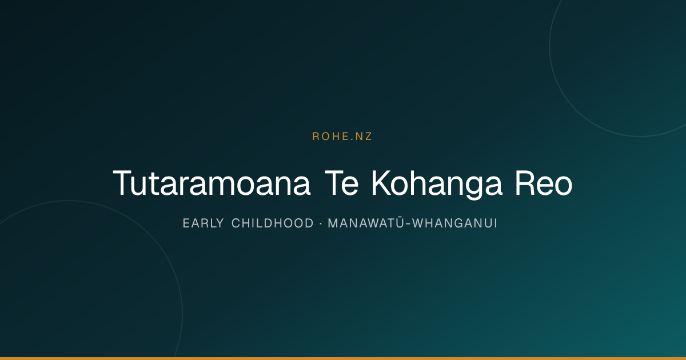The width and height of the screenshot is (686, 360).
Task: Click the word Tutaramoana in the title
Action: [x=212, y=183]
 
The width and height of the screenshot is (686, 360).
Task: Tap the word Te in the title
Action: [x=341, y=183]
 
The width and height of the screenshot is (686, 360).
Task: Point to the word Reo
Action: [x=544, y=183]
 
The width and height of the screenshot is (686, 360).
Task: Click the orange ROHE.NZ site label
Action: [x=342, y=137]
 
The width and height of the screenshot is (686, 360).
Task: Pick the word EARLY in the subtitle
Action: [x=204, y=223]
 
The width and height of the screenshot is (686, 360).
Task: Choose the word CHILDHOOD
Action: [x=273, y=223]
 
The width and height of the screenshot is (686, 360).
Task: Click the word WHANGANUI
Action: [x=454, y=223]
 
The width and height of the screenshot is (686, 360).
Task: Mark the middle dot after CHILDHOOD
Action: [x=321, y=223]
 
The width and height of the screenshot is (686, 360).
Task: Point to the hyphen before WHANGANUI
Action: [x=408, y=224]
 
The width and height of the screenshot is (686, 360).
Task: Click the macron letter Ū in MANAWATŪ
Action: [x=400, y=222]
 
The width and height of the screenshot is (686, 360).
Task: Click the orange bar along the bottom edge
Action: [x=343, y=358]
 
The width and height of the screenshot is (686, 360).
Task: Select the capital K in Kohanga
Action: [x=381, y=183]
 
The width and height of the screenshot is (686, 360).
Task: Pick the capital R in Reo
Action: [x=525, y=183]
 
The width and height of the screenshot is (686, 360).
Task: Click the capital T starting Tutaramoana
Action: [x=122, y=183]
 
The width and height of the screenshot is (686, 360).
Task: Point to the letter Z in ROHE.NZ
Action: [x=368, y=137]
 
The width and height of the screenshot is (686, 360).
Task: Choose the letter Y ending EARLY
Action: [x=220, y=223]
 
